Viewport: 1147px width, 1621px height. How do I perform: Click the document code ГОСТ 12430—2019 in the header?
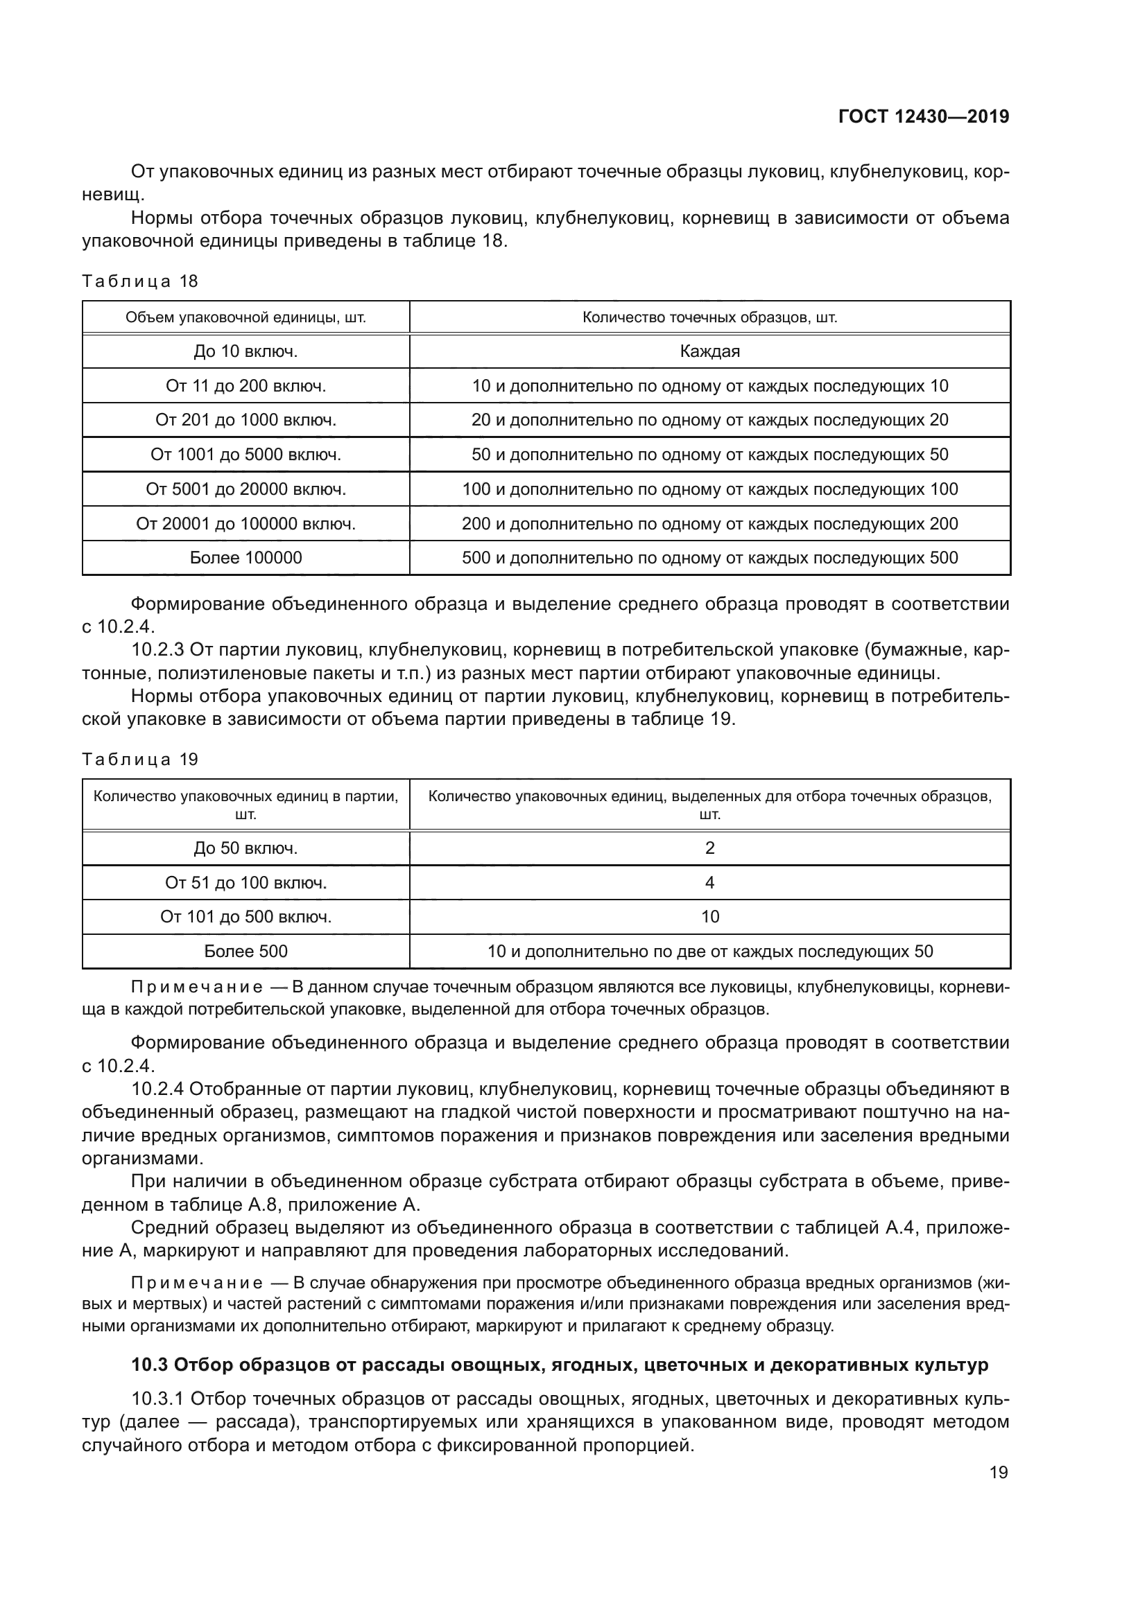click(x=923, y=116)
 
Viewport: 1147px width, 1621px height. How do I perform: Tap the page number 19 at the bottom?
click(x=999, y=1472)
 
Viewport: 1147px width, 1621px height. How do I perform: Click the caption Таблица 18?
click(x=140, y=281)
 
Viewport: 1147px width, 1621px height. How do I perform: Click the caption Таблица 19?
click(x=140, y=759)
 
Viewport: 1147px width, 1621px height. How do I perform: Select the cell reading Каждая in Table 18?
click(x=709, y=351)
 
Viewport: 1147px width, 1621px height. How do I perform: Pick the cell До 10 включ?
click(x=245, y=351)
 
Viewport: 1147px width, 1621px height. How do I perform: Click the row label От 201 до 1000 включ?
click(x=245, y=420)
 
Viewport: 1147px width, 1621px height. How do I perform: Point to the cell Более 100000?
click(x=245, y=558)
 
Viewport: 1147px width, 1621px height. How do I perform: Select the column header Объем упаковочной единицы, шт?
click(x=245, y=317)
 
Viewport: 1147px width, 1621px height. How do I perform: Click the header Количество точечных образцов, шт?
click(x=709, y=317)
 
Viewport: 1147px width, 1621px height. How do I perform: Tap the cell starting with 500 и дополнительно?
click(x=709, y=558)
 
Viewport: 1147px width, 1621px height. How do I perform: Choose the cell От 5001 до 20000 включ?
click(x=245, y=489)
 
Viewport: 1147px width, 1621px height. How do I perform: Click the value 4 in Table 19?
click(x=709, y=882)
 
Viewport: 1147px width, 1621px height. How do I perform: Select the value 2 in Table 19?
click(x=709, y=848)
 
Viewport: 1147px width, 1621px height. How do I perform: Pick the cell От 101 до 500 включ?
click(x=245, y=916)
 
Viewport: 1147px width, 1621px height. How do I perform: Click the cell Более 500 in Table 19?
click(x=245, y=951)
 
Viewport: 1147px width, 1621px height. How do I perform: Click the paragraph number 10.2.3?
click(x=157, y=649)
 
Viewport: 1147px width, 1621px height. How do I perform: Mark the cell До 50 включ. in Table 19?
click(x=245, y=848)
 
